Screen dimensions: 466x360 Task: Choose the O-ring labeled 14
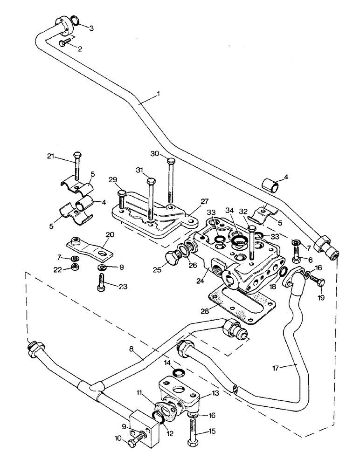click(x=178, y=371)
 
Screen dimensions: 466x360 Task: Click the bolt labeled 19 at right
click(x=318, y=281)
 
